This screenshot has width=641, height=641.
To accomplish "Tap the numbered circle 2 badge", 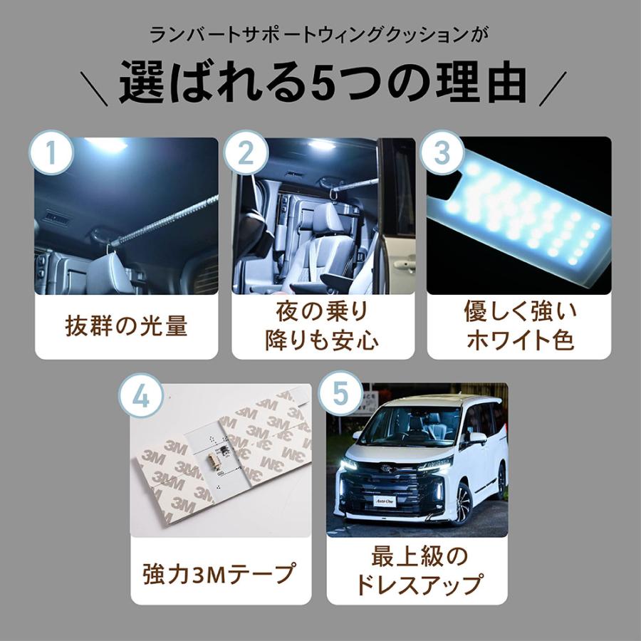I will tap(246, 152).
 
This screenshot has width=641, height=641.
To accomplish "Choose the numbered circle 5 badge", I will tap(341, 399).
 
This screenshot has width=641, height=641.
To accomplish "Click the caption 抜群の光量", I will tap(127, 325).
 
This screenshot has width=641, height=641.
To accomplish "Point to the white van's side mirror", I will tap(476, 438).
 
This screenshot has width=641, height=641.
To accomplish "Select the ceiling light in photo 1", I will tap(107, 145).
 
